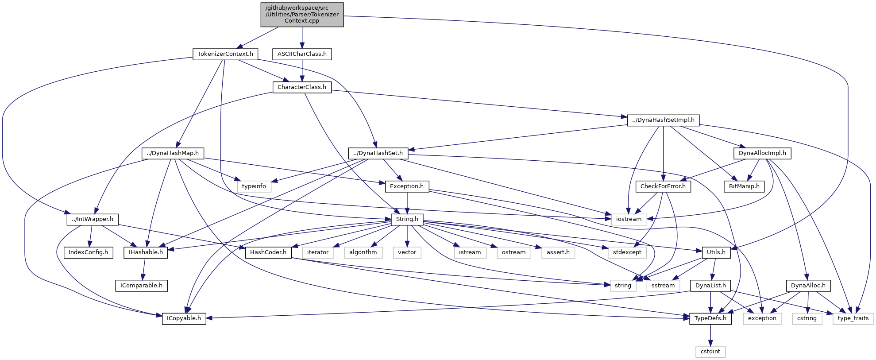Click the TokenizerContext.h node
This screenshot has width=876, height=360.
click(225, 54)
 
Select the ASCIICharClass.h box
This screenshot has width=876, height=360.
click(302, 54)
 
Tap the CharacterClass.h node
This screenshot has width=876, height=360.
click(302, 87)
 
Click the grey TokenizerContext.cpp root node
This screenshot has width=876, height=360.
click(302, 15)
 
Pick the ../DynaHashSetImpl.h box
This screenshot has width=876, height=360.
click(663, 120)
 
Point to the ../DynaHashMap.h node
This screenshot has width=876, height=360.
click(173, 153)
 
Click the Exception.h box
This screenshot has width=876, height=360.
click(407, 186)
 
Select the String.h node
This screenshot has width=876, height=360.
click(407, 219)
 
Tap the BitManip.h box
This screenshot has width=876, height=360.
click(744, 186)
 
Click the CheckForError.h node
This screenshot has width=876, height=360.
click(663, 186)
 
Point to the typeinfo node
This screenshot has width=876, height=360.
click(254, 186)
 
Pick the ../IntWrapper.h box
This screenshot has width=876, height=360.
click(93, 219)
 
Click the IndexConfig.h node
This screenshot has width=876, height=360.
click(88, 252)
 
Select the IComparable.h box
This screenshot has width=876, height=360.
click(141, 286)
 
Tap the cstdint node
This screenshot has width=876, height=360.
click(710, 352)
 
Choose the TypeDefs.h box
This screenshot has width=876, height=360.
click(710, 318)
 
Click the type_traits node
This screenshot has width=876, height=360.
click(853, 318)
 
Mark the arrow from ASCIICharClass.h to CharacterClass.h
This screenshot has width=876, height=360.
click(302, 70)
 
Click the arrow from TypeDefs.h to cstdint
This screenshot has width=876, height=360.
click(710, 335)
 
